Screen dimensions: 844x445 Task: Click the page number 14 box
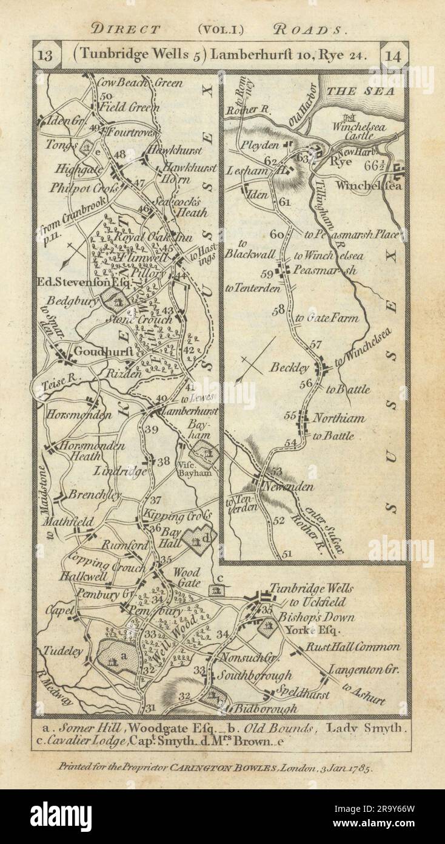pos(394,55)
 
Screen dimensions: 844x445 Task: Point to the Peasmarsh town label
pos(323,270)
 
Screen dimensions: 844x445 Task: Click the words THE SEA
pos(360,91)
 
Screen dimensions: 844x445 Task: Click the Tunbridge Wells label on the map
pos(310,589)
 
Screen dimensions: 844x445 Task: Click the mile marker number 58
pos(278,311)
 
